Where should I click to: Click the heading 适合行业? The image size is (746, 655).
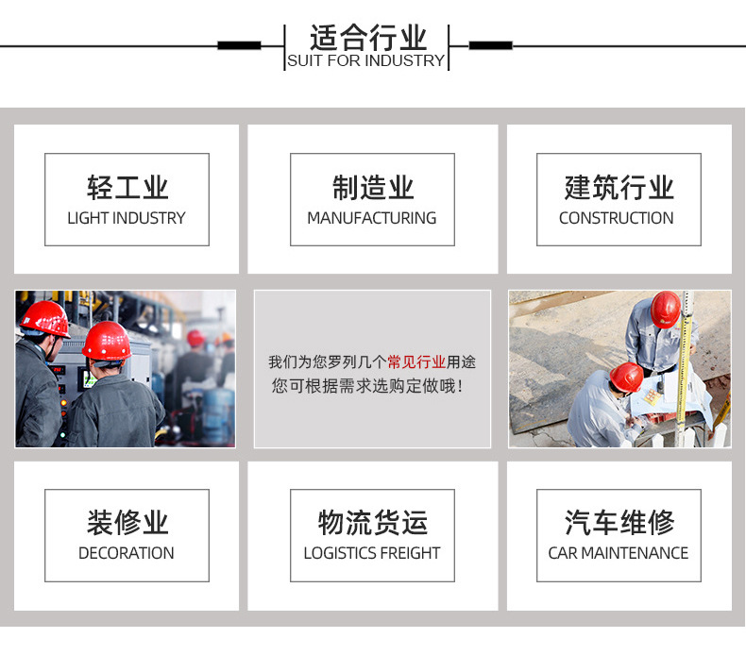tap(367, 38)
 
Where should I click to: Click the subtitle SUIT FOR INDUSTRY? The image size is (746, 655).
tap(365, 60)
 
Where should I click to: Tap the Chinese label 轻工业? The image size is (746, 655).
tap(127, 187)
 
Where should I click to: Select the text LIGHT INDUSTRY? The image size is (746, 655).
tap(127, 218)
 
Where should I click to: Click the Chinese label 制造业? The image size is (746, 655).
tap(372, 187)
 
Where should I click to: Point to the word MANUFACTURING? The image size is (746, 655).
tap(372, 218)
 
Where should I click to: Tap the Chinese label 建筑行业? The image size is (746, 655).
tap(619, 187)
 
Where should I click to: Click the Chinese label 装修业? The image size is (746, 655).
tap(127, 522)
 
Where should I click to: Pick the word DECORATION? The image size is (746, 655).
tap(127, 553)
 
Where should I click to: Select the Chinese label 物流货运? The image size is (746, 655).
tap(372, 522)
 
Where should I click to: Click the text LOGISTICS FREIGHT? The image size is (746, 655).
tap(372, 553)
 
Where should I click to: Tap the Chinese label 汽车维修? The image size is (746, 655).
tap(619, 522)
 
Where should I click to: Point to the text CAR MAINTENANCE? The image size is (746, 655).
tap(619, 553)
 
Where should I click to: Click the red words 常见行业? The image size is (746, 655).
tap(416, 361)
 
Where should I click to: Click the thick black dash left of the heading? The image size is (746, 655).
tap(239, 44)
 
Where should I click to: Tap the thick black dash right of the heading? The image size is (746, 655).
tap(490, 44)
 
